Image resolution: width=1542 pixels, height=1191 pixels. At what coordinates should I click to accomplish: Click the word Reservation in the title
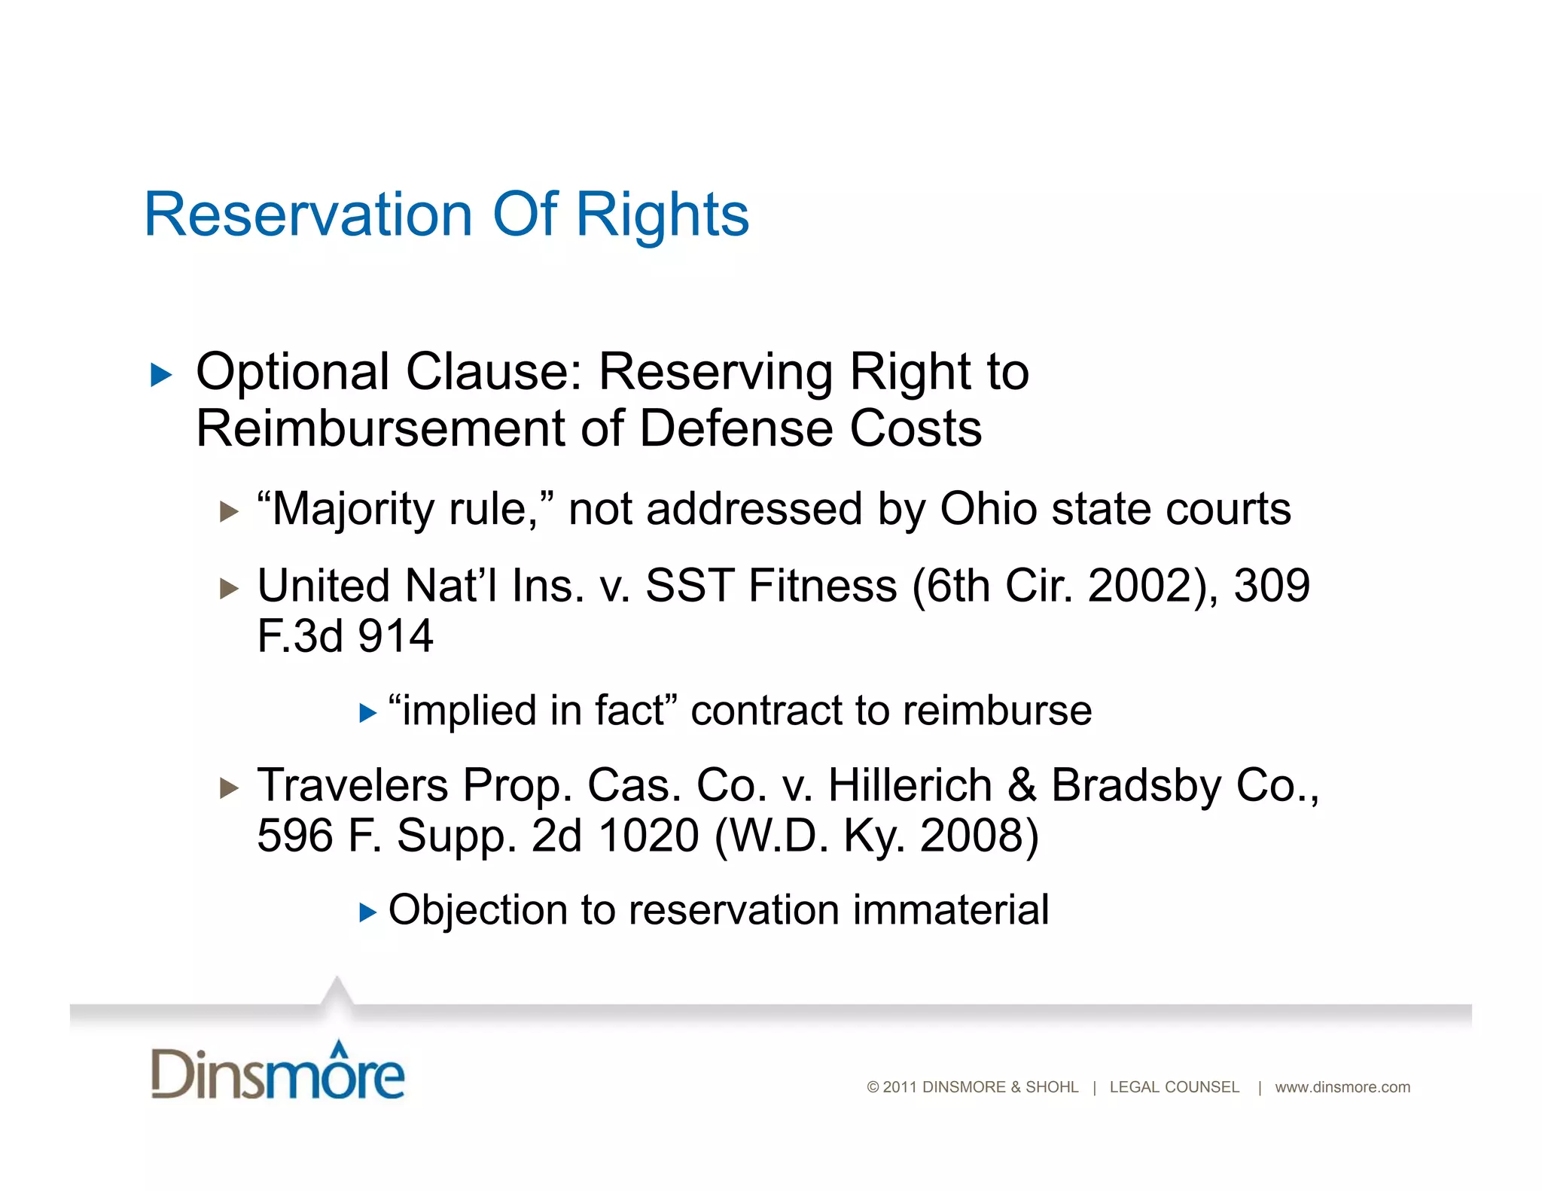[308, 215]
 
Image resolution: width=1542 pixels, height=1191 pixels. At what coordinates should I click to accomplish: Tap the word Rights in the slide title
[662, 216]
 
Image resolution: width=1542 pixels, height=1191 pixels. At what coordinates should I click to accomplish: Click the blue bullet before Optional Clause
[160, 374]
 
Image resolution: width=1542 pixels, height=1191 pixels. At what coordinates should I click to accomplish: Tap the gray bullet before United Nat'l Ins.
[229, 588]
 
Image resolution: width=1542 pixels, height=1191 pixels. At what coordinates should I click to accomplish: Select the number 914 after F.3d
[395, 636]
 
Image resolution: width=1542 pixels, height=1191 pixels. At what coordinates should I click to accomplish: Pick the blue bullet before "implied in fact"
[367, 713]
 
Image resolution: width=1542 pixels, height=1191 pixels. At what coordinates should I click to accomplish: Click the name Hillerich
[910, 785]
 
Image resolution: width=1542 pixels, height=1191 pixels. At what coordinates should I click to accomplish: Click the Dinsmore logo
[278, 1071]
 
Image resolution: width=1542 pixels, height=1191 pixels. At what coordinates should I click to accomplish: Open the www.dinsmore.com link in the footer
[1342, 1087]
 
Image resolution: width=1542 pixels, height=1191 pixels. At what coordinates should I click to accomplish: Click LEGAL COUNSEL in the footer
[1174, 1087]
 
